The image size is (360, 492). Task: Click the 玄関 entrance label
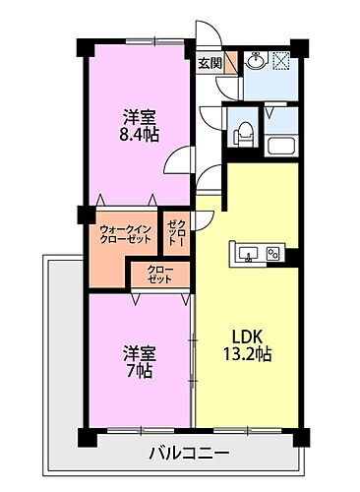click(210, 64)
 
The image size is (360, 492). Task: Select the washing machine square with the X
click(279, 60)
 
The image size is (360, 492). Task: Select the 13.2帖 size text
click(245, 351)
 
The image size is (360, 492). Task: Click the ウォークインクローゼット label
click(123, 237)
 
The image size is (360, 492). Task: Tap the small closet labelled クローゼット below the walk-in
click(158, 274)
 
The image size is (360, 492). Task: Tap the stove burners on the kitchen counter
click(272, 254)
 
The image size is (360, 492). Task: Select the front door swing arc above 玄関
click(209, 36)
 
